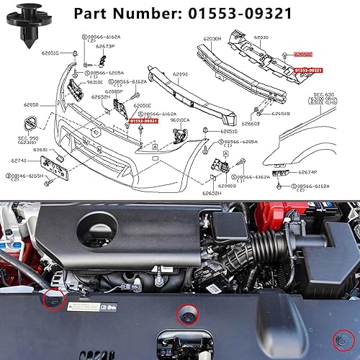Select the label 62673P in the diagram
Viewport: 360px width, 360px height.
(96, 45)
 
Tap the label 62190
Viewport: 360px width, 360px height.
(180, 73)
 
